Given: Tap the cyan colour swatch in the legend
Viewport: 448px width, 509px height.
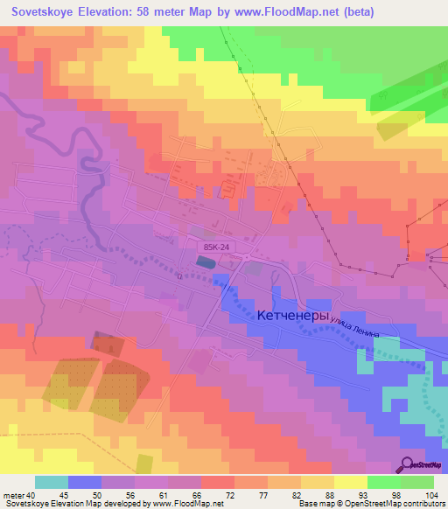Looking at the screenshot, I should (x=52, y=482).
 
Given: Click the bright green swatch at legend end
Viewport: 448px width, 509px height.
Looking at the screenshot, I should (x=416, y=482).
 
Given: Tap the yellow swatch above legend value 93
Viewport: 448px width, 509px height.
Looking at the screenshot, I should (x=350, y=482).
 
